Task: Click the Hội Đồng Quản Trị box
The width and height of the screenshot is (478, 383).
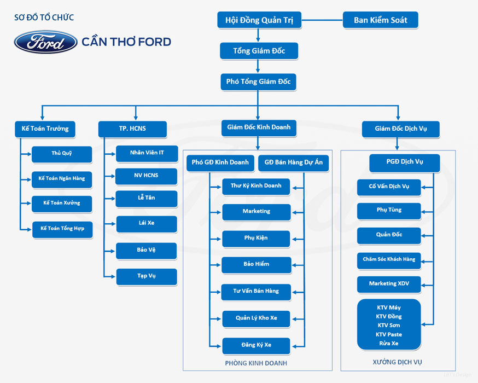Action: (259, 20)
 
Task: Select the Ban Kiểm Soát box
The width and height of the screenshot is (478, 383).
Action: (381, 20)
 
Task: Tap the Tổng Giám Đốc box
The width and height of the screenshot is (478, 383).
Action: (259, 51)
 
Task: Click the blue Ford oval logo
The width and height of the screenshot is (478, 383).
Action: (46, 42)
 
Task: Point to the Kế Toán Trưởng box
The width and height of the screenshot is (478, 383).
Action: (45, 129)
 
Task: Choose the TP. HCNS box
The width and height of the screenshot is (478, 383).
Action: (132, 129)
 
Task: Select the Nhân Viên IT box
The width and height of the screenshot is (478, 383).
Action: (147, 153)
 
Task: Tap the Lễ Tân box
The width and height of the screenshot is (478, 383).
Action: (147, 199)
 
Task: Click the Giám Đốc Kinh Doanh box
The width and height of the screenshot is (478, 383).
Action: (259, 128)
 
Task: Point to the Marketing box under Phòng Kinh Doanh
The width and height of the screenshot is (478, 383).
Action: (257, 212)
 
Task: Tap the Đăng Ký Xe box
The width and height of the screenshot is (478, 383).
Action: (256, 346)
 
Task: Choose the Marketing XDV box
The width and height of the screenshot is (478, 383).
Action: (389, 285)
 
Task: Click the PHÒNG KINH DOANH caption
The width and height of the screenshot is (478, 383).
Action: (256, 363)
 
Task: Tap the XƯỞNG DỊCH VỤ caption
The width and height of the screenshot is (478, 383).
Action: (397, 362)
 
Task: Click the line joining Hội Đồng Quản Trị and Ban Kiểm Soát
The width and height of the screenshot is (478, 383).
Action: (322, 20)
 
